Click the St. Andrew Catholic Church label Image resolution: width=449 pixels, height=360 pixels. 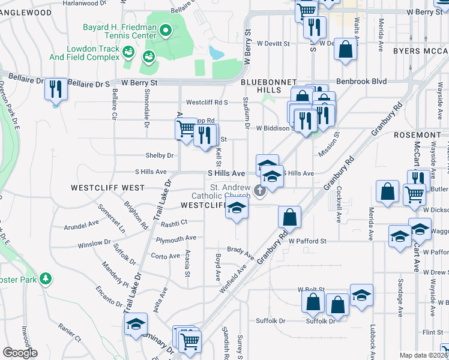coord(220,191)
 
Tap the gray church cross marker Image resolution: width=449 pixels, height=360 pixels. coord(260,191)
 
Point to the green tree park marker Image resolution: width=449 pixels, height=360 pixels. coord(44,279)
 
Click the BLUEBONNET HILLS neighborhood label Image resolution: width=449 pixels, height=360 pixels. coord(261,85)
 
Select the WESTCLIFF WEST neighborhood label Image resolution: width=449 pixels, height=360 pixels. coord(107,188)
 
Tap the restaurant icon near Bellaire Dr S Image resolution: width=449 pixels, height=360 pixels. coord(55,89)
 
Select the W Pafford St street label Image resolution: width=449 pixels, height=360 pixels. coord(307,241)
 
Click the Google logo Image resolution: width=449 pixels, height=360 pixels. coord(20,353)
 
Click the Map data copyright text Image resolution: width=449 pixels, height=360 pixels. coord(423,355)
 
